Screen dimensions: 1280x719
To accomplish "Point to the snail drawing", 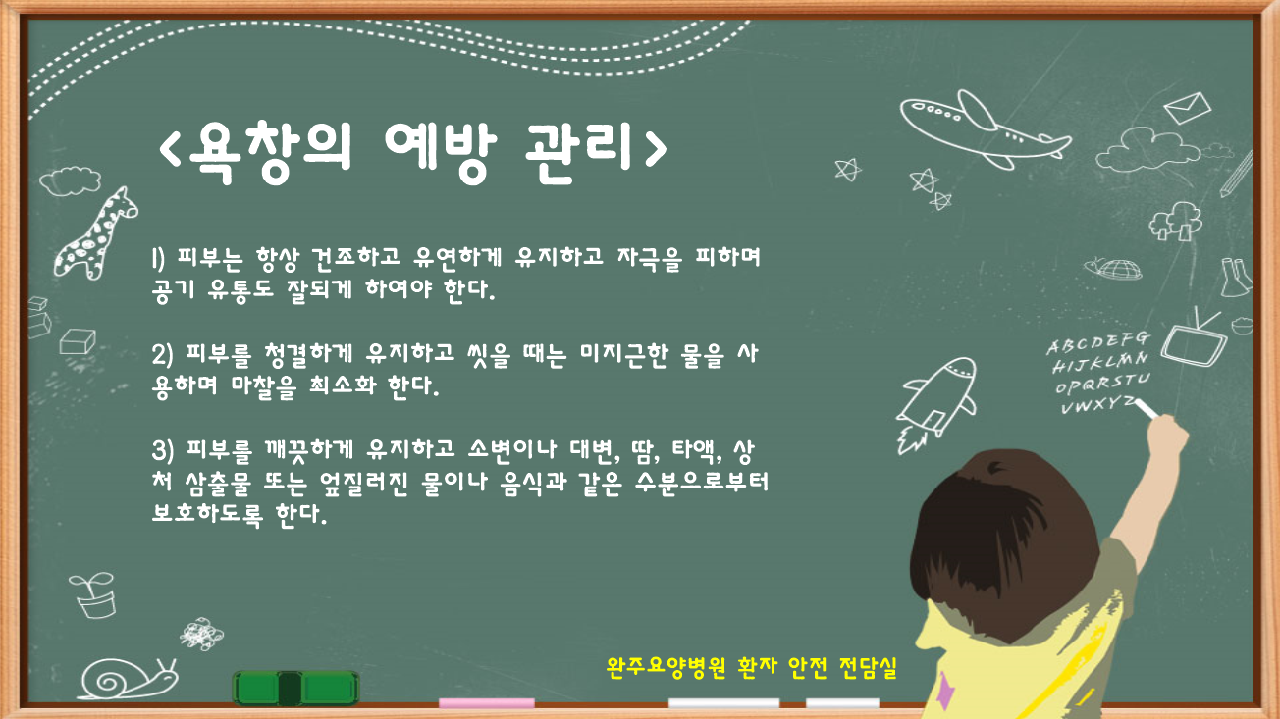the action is click(127, 680).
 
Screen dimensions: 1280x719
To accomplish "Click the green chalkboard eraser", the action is click(296, 689).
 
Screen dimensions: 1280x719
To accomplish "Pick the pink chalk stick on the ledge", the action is click(487, 703).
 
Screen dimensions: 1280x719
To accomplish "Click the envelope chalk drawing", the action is click(1188, 107).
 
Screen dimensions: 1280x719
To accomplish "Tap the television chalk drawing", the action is click(1195, 339).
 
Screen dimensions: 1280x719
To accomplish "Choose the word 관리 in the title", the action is click(578, 151).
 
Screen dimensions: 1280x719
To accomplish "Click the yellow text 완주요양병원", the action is click(667, 667).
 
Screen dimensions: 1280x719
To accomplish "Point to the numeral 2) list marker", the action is click(162, 355).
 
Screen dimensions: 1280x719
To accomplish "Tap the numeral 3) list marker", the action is click(162, 450).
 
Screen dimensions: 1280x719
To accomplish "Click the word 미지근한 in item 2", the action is click(623, 355).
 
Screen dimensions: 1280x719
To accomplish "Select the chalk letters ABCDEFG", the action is click(1097, 342).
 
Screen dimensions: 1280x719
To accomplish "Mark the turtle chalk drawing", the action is click(1113, 269).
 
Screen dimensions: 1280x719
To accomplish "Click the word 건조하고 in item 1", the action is click(356, 258).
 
